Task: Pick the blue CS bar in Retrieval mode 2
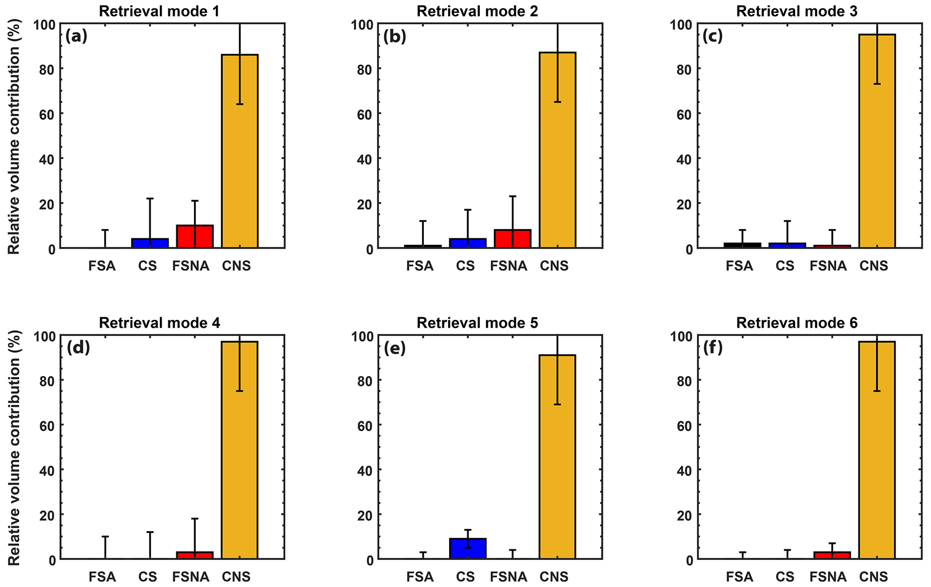pos(468,243)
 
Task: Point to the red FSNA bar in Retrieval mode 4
pos(195,555)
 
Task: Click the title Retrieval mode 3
pos(797,11)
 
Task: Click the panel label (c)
pos(712,36)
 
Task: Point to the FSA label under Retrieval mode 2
pos(420,266)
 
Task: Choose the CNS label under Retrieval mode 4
pos(236,577)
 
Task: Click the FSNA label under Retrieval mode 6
pos(828,577)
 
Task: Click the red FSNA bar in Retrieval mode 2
pos(513,239)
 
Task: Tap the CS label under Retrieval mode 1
pos(147,266)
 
